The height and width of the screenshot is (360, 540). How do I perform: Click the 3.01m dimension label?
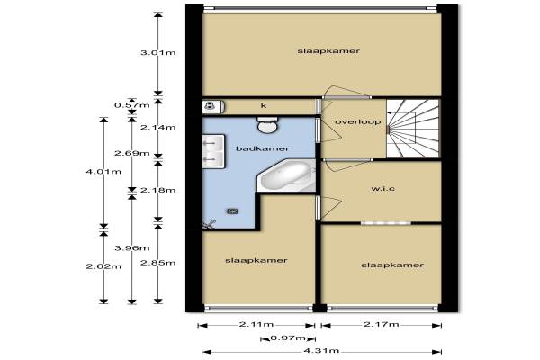click(158, 53)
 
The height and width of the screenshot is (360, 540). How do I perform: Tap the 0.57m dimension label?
click(132, 105)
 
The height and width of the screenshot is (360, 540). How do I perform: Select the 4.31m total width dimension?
click(321, 351)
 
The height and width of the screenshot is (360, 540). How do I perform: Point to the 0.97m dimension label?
click(288, 338)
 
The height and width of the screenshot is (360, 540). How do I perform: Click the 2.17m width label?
click(382, 324)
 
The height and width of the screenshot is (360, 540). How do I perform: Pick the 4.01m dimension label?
click(103, 171)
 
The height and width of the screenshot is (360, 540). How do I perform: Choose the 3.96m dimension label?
click(132, 248)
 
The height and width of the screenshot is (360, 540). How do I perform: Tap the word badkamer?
click(263, 148)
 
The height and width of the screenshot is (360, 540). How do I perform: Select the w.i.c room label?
click(383, 189)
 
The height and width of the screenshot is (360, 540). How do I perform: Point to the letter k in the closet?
click(264, 105)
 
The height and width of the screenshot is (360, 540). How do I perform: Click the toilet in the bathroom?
click(267, 125)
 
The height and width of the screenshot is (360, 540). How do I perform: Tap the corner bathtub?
click(286, 175)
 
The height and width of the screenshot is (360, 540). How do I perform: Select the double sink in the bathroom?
click(213, 151)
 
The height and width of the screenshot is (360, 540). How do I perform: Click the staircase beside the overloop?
click(412, 129)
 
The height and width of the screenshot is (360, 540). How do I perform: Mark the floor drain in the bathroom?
click(232, 211)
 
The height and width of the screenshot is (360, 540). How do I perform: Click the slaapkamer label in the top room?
click(328, 51)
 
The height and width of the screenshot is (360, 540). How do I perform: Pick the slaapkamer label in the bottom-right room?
click(392, 265)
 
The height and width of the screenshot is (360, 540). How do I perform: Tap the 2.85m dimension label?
click(158, 263)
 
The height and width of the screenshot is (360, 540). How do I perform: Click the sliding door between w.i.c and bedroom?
click(386, 223)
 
